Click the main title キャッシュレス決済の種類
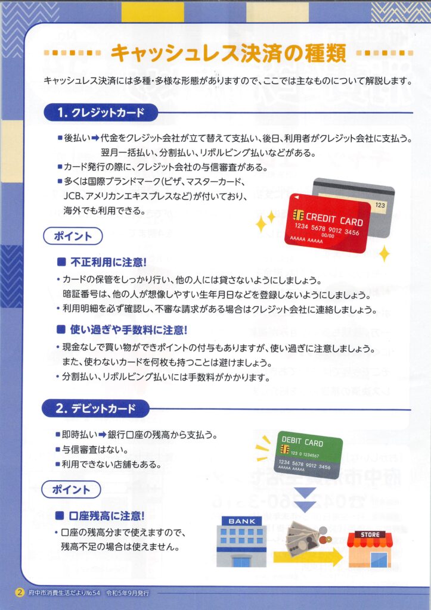[x=228, y=53]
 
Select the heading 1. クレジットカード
[x=101, y=113]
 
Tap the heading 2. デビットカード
[x=95, y=409]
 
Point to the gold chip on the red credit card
[x=298, y=214]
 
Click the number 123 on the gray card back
[x=380, y=205]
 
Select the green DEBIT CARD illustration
[x=310, y=455]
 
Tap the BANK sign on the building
[x=242, y=521]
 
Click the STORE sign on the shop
[x=370, y=534]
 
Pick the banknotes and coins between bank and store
[x=308, y=537]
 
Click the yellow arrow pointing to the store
[x=308, y=558]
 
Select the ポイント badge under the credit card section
[x=73, y=236]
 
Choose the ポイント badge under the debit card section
[x=72, y=490]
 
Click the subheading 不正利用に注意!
[x=102, y=262]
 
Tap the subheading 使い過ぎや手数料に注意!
[x=122, y=330]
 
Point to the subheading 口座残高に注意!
[x=101, y=516]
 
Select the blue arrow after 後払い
[x=95, y=138]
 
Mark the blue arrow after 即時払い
[x=102, y=434]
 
